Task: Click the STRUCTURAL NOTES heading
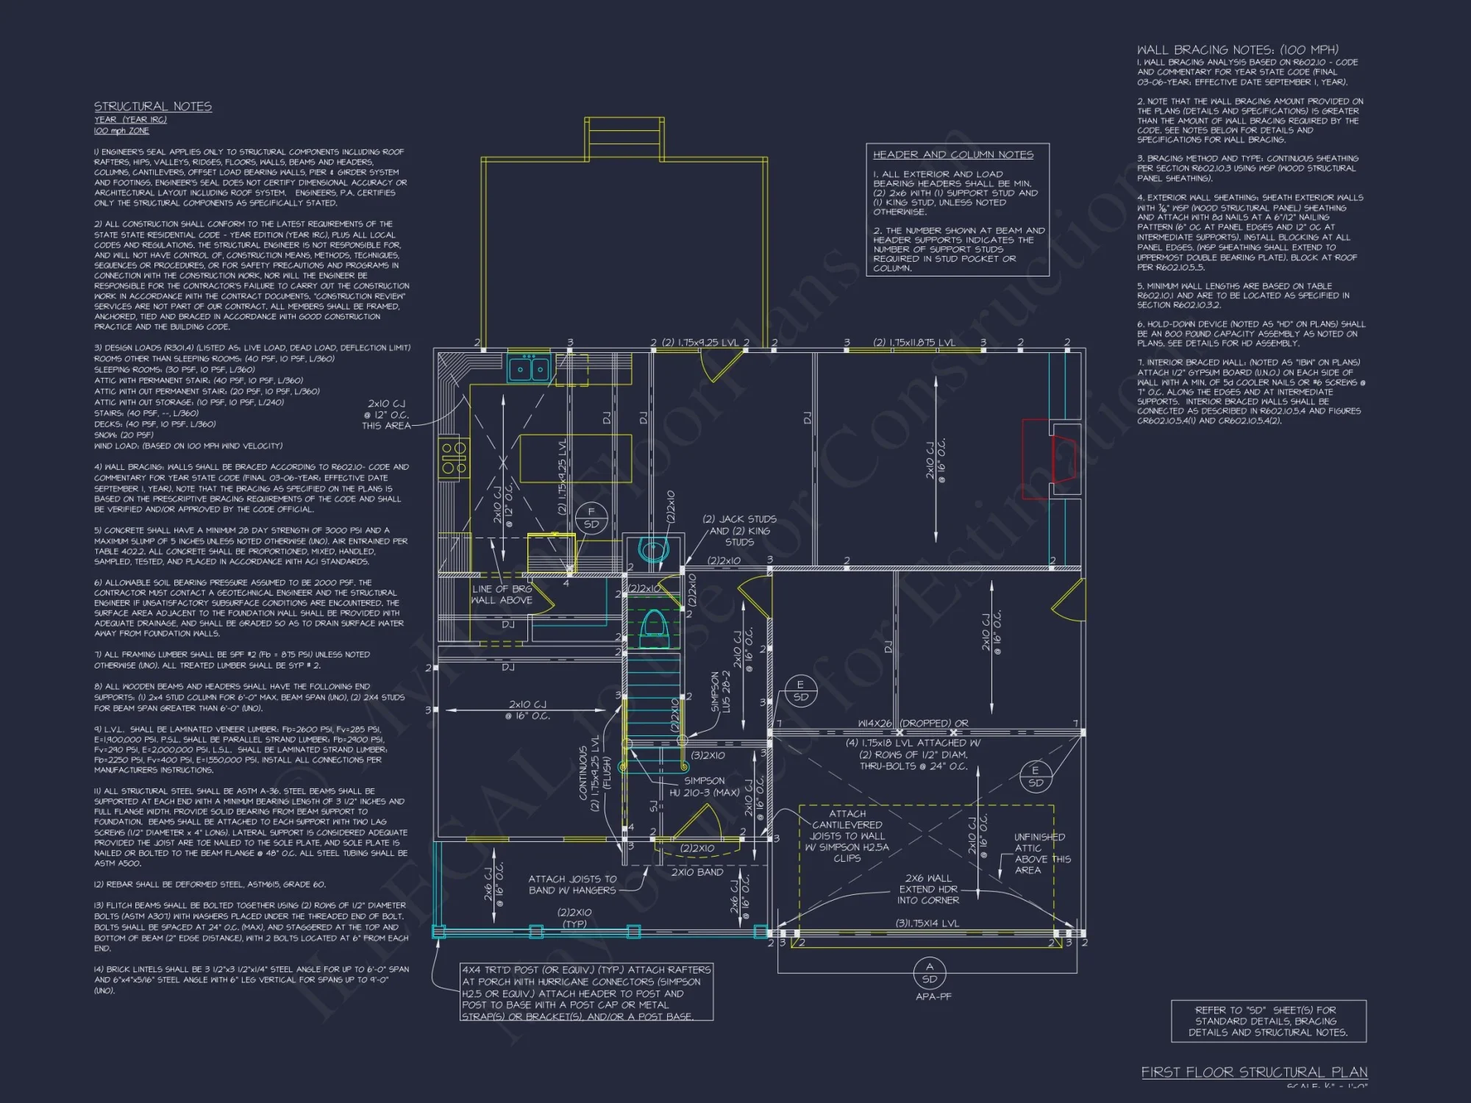click(152, 107)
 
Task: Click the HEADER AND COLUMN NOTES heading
click(952, 154)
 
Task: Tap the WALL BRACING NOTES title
click(1238, 50)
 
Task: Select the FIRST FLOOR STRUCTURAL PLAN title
click(1254, 1072)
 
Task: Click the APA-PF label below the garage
click(933, 996)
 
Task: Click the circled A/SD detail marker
click(930, 972)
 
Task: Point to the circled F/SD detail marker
click(591, 518)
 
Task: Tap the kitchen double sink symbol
click(529, 368)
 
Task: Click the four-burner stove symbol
click(454, 457)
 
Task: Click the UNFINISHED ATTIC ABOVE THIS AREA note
click(1039, 853)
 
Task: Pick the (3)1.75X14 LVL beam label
click(927, 924)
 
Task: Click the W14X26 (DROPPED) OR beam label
click(913, 723)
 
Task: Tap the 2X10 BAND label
click(697, 872)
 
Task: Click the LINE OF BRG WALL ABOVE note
click(502, 594)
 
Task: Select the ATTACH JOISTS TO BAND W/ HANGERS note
click(572, 885)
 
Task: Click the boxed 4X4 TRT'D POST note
click(586, 993)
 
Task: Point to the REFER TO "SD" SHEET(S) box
click(1268, 1021)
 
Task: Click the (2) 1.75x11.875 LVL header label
click(914, 342)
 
